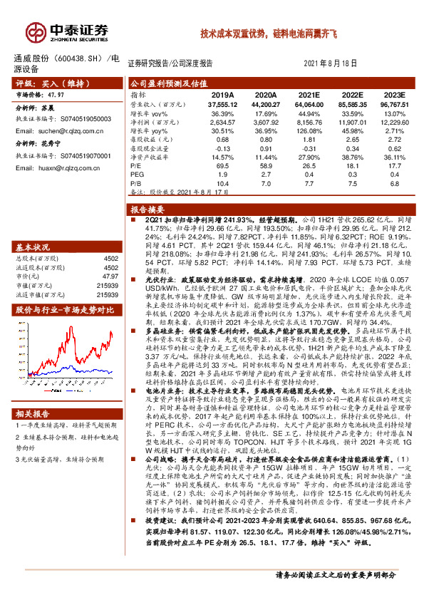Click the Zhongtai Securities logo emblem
33,30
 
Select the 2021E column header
309,93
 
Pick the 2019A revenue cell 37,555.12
222,103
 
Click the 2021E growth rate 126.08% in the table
309,130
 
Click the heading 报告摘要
148,210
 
